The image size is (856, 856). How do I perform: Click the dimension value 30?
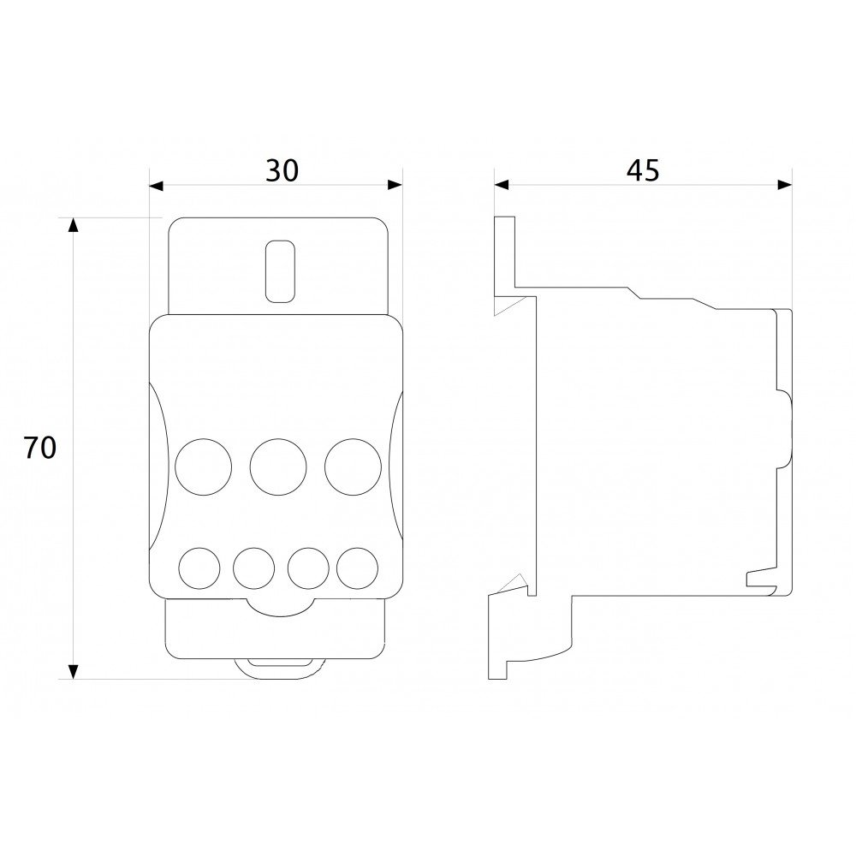click(x=282, y=170)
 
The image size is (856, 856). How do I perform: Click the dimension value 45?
click(x=643, y=170)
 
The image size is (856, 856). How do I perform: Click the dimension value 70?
click(x=40, y=448)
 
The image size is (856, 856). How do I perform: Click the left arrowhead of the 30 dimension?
click(x=156, y=185)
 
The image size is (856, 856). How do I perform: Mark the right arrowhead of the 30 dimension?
click(x=395, y=185)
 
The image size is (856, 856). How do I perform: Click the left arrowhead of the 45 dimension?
click(x=502, y=185)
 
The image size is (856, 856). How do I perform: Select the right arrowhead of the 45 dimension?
click(x=785, y=185)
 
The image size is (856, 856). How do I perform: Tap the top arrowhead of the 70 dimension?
click(x=73, y=224)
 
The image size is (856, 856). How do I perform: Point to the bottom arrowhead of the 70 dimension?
click(x=73, y=672)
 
